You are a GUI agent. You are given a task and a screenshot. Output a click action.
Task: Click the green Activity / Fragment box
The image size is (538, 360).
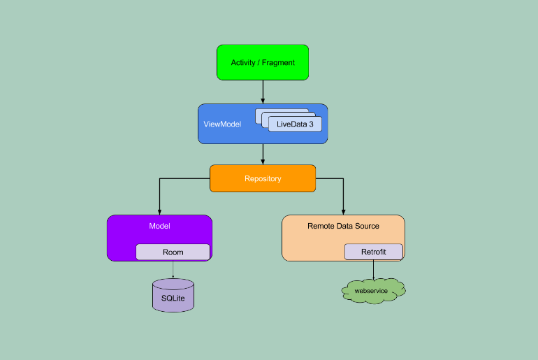click(x=263, y=62)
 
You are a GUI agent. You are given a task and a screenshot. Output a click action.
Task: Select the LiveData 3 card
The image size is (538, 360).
click(x=295, y=124)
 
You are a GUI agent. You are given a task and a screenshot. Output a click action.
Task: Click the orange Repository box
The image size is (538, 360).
click(x=263, y=178)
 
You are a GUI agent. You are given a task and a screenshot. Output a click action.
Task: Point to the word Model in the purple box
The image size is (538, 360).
click(x=159, y=226)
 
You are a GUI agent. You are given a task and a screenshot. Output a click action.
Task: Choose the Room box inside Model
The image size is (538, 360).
click(x=173, y=252)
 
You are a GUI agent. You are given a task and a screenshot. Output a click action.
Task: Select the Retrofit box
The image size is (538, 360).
click(x=373, y=252)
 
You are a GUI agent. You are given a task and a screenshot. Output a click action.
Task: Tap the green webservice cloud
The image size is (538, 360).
click(x=374, y=290)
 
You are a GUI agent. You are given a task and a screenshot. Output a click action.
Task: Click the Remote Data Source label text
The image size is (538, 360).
click(x=343, y=226)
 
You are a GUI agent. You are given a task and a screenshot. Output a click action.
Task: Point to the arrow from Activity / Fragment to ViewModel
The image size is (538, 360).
click(x=263, y=91)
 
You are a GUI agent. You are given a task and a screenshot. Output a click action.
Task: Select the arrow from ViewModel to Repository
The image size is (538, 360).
click(x=263, y=154)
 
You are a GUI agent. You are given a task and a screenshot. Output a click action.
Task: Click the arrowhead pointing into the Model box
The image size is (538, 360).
click(x=159, y=211)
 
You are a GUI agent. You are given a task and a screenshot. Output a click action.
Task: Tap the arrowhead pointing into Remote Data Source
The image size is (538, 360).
click(x=343, y=211)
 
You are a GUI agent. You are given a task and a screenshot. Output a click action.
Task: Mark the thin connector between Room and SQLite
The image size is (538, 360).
click(x=173, y=269)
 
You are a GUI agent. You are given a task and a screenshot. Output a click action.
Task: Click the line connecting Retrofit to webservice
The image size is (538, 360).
click(x=374, y=268)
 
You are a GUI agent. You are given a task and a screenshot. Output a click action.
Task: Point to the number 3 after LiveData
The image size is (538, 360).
click(x=311, y=124)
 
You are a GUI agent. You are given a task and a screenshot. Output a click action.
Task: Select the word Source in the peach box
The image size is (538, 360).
click(x=367, y=226)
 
